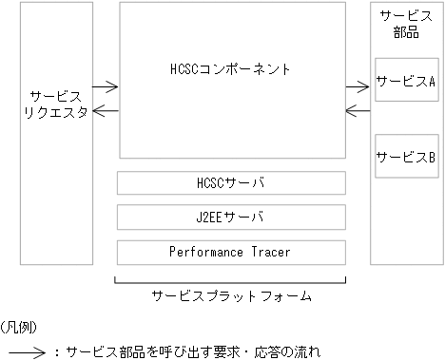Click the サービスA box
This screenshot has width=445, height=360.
click(x=405, y=82)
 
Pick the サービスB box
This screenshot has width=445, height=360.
click(x=405, y=156)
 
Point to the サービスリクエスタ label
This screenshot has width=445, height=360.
click(x=59, y=104)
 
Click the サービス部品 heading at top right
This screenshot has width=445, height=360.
click(x=405, y=25)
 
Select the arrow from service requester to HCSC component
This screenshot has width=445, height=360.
click(x=106, y=87)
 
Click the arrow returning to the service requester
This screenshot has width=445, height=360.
click(x=106, y=112)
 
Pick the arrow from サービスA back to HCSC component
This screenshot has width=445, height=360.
click(x=358, y=112)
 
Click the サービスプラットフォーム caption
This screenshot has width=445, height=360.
click(x=232, y=296)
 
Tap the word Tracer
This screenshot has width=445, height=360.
click(x=269, y=252)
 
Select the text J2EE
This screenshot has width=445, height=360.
click(x=210, y=217)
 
